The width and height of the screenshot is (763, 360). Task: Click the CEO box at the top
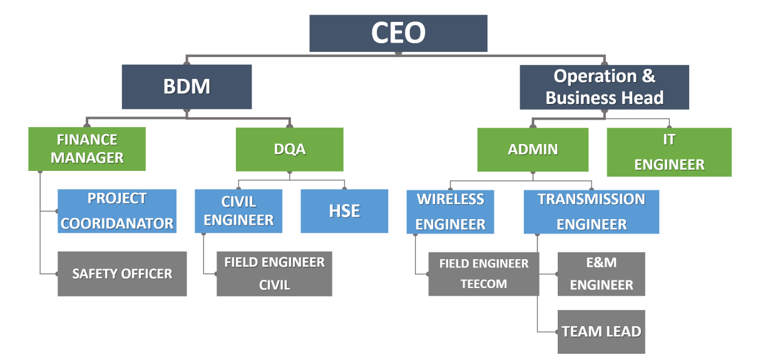point(398,33)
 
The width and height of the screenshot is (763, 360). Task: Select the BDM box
point(187,86)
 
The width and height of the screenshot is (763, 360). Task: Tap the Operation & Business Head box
point(604,87)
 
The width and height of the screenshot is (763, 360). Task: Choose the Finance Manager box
point(87,149)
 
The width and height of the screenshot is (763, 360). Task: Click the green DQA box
point(289,149)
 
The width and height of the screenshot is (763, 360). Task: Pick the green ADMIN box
point(533,150)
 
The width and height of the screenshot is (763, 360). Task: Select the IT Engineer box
point(669,152)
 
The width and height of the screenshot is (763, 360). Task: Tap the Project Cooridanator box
point(117,211)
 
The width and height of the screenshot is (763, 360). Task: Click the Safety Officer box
point(122,274)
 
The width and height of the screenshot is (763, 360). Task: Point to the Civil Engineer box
point(238,211)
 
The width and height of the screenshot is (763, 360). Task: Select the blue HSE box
point(344,211)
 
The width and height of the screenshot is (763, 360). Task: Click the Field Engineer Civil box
point(274,274)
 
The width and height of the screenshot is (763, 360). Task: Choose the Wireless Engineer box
point(450,212)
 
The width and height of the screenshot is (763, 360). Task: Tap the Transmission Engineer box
point(591,212)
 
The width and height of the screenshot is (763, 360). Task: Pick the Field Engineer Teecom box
point(483,274)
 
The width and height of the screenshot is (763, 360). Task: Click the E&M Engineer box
point(601,274)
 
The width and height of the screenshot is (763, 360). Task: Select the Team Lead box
point(601,332)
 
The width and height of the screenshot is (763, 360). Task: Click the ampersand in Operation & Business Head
point(648,76)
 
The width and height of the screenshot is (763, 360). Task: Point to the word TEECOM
point(483,284)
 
